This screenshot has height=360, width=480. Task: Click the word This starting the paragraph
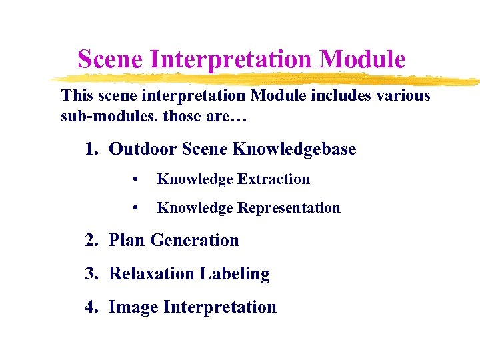pyautogui.click(x=77, y=95)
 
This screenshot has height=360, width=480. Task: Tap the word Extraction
pyautogui.click(x=274, y=179)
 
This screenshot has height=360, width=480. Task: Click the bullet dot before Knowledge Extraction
pyautogui.click(x=135, y=180)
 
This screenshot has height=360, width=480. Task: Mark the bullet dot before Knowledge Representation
pyautogui.click(x=135, y=209)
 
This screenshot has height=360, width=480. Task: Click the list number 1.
pyautogui.click(x=91, y=149)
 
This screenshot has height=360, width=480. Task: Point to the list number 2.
pyautogui.click(x=91, y=240)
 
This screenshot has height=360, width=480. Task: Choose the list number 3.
pyautogui.click(x=91, y=273)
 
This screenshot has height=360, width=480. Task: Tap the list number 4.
pyautogui.click(x=91, y=307)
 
